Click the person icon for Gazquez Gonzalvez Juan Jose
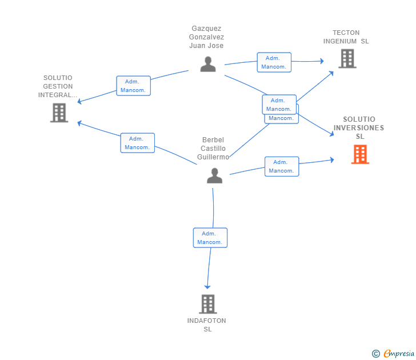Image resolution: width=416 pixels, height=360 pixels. tap(208, 64)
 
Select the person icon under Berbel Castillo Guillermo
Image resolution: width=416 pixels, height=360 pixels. tap(214, 175)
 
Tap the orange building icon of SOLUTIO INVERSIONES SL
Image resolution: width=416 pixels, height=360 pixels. tap(360, 154)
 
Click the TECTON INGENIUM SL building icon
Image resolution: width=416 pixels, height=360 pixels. tap(347, 58)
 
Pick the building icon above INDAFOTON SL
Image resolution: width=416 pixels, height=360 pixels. tap(208, 304)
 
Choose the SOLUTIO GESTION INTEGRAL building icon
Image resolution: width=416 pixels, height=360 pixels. tap(59, 113)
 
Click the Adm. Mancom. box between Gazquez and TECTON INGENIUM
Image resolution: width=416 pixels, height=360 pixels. tap(274, 62)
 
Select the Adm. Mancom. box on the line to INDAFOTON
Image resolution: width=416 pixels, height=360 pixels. tap(210, 238)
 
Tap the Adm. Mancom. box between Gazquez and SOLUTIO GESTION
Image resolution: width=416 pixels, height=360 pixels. tap(134, 86)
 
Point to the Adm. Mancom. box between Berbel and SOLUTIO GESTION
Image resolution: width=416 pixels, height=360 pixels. tap(137, 143)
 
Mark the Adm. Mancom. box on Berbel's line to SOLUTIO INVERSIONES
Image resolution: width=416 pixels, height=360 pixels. tap(281, 166)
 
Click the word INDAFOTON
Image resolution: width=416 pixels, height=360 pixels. tap(207, 321)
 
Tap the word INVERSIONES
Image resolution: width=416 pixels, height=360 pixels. tap(359, 127)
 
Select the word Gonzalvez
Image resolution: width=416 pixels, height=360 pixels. tap(206, 37)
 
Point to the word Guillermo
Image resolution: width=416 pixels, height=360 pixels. tap(213, 157)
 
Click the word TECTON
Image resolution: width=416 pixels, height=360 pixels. tap(346, 33)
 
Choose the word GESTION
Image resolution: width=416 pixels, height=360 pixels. tap(58, 86)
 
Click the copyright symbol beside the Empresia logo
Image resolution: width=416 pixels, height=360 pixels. tap(376, 354)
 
